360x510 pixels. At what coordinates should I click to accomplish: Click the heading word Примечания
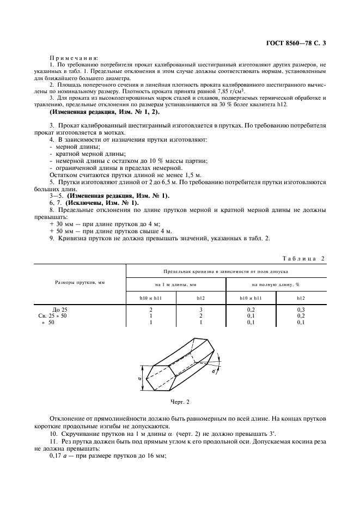click(74, 57)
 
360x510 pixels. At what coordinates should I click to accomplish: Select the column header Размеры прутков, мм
click(80, 283)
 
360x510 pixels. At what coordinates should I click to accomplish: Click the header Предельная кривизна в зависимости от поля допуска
click(225, 271)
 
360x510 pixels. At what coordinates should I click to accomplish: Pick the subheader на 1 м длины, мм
click(176, 284)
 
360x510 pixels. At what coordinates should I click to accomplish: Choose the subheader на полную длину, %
click(276, 284)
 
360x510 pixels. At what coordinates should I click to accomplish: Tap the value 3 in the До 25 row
click(201, 309)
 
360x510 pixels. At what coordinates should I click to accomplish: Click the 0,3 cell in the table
click(301, 309)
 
